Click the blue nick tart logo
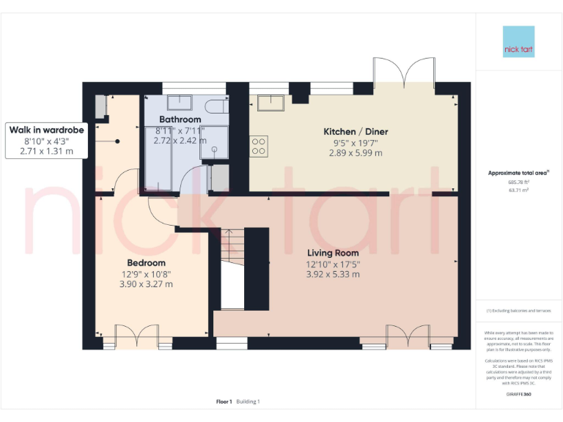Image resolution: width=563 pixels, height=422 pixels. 518,42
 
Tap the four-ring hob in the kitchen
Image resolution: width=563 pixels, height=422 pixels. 259,145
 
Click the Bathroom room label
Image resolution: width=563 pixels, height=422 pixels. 180,119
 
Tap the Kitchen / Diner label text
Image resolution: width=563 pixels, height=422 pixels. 356,132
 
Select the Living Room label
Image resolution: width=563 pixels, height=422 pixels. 333,253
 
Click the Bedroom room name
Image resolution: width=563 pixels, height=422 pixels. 146,262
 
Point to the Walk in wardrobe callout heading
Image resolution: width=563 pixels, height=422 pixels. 45,130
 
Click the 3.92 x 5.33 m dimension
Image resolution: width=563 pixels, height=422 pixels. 333,274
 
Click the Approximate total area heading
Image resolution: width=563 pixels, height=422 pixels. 518,173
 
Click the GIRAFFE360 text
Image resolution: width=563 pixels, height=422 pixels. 518,395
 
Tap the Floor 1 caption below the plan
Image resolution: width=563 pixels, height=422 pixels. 224,401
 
